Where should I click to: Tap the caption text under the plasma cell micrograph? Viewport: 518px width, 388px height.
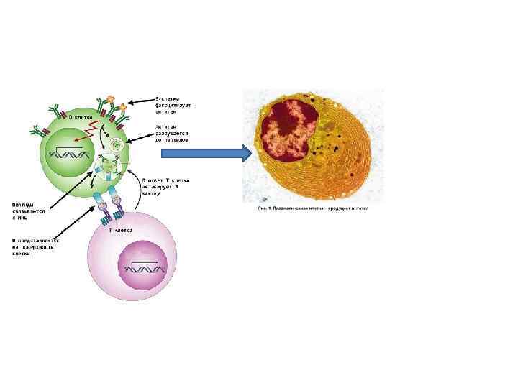(312, 208)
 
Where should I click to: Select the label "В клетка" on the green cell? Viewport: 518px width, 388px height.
(79, 115)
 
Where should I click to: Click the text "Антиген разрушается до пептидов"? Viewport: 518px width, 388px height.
(172, 131)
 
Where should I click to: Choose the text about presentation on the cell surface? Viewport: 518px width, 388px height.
(33, 247)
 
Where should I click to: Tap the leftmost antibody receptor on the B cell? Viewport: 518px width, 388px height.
(38, 131)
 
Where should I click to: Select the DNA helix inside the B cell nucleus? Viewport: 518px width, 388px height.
(69, 152)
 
